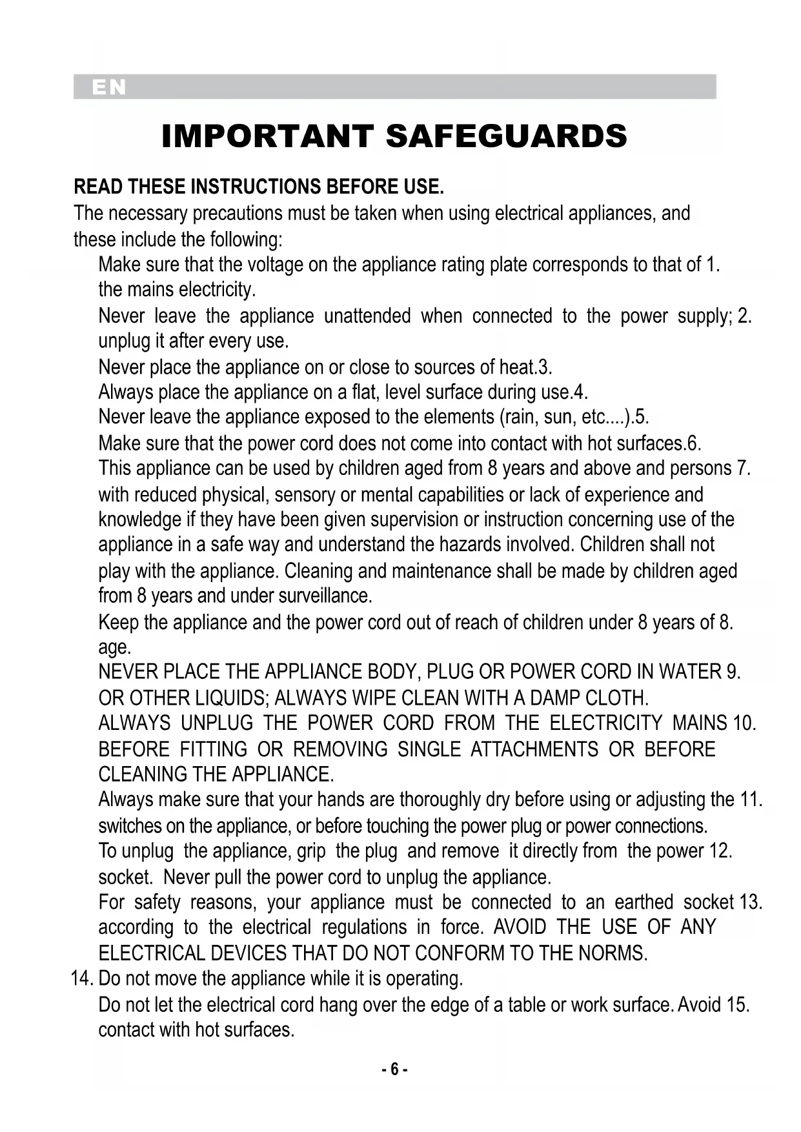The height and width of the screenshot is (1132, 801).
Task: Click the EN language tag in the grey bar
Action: click(109, 88)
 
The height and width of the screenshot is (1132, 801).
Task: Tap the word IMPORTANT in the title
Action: click(267, 136)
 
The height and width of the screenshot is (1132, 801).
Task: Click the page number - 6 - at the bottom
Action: click(394, 1069)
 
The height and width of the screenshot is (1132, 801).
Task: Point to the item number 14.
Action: click(82, 978)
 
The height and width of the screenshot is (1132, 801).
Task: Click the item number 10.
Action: click(744, 723)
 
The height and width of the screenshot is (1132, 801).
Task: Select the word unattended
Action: click(367, 316)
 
